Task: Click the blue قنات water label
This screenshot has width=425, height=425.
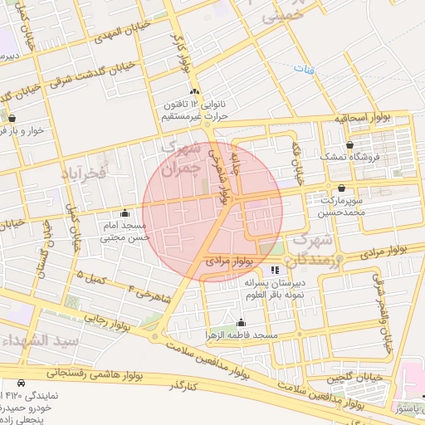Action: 310,71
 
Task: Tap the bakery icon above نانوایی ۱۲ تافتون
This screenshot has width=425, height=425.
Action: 194,91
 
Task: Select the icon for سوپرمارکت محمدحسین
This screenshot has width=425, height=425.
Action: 342,188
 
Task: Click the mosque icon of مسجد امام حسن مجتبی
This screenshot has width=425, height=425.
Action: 125,212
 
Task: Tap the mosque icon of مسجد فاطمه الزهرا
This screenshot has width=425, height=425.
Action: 242,322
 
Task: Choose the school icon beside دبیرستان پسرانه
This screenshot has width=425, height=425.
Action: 276,269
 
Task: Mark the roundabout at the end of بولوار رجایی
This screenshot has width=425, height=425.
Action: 155,336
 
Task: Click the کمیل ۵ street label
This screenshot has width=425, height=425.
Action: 93,277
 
